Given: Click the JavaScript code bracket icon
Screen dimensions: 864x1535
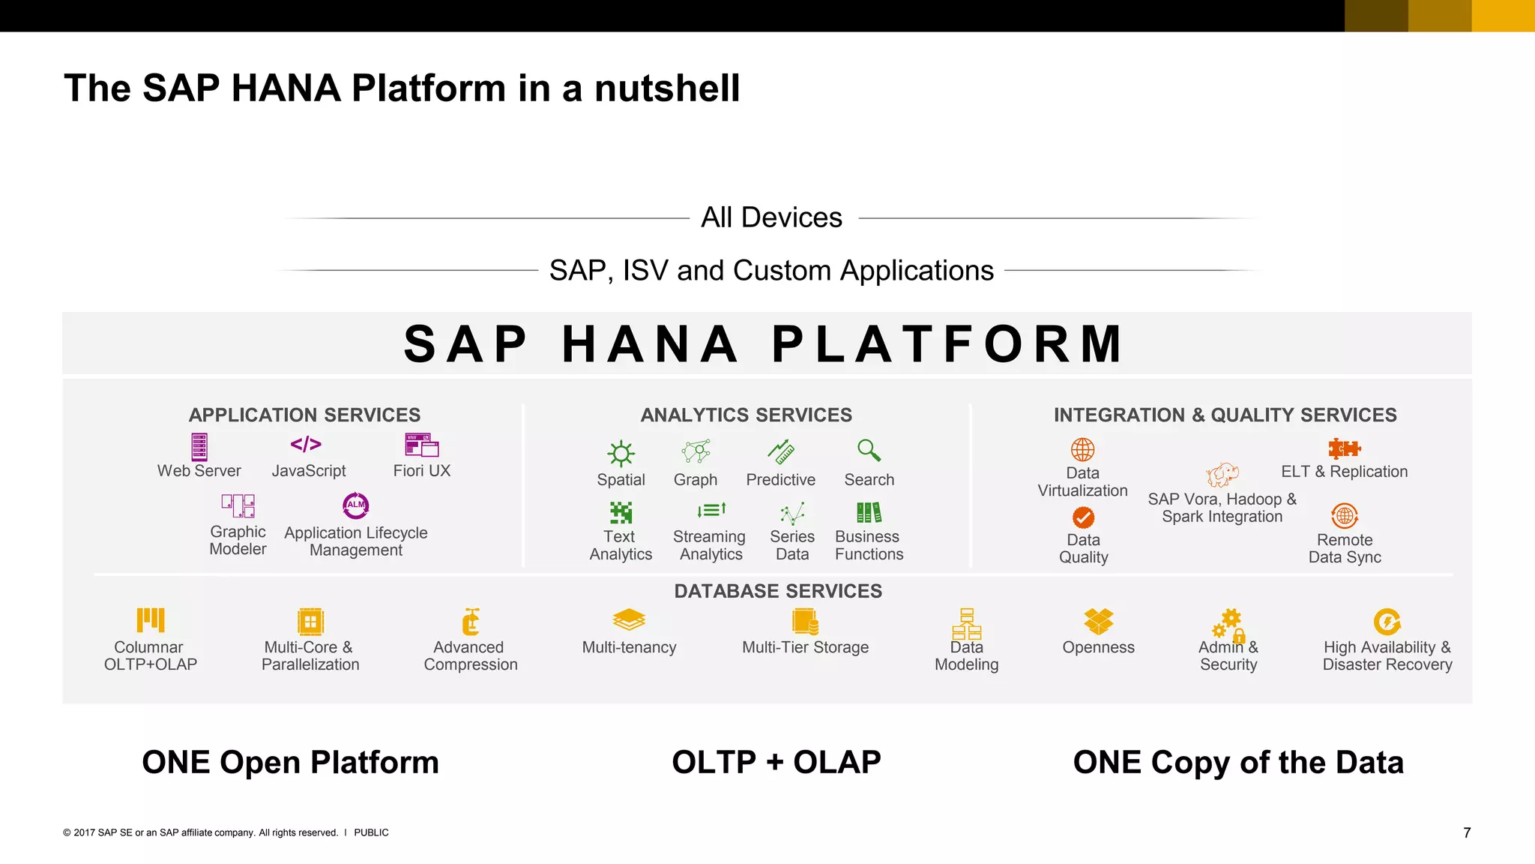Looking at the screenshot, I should (306, 445).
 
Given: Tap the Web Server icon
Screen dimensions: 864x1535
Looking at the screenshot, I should (199, 447).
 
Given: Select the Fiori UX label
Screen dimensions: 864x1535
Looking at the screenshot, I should (421, 471).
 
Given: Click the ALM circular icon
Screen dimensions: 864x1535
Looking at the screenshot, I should (356, 505).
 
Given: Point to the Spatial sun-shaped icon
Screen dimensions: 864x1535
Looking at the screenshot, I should (621, 453).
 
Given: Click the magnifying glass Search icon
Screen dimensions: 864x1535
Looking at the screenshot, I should (869, 450).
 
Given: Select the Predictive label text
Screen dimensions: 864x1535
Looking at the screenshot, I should (780, 480).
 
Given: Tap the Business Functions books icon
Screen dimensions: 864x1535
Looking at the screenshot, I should (869, 513).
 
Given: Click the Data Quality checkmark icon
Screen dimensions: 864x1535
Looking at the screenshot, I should (1083, 517).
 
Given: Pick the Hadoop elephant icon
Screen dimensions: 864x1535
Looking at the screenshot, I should (1222, 475).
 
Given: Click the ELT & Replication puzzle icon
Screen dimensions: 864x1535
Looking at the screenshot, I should (1344, 448).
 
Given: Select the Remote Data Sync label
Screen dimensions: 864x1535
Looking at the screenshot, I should (1345, 548).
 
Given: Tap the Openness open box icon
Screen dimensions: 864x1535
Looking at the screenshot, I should (1098, 621).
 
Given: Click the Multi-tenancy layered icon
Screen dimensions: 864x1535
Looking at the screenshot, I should (629, 619).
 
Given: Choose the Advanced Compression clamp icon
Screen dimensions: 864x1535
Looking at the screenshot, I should (470, 621).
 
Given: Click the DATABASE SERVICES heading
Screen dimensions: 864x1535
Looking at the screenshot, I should (778, 591).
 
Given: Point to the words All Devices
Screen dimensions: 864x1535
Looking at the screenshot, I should (771, 217).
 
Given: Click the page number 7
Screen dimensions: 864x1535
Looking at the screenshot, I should (1467, 832).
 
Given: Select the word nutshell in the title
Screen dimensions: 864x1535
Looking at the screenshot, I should (666, 88).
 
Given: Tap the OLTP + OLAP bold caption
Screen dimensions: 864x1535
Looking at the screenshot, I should (776, 762).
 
